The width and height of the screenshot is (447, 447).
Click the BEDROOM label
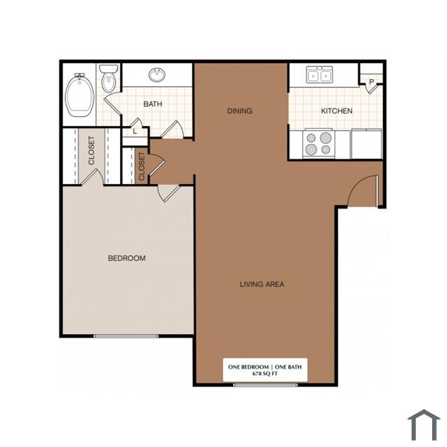point(126,258)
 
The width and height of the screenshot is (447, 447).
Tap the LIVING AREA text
point(262,284)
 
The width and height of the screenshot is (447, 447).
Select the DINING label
point(239,111)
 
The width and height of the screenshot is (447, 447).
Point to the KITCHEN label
point(337,111)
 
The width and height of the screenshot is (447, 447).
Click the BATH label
point(153,104)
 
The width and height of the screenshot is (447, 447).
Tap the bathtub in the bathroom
point(80,95)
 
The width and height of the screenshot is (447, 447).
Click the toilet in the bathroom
point(109,79)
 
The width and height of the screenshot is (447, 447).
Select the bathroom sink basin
point(157,75)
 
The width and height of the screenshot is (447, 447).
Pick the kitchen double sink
point(319,75)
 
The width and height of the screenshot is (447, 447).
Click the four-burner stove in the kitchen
point(319,144)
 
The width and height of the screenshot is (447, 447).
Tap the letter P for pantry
point(371,82)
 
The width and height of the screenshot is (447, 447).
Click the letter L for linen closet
point(135,132)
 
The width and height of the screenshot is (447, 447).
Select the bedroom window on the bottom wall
point(126,336)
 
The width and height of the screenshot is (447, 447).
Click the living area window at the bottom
point(265,385)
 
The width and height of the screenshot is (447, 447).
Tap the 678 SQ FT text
point(265,374)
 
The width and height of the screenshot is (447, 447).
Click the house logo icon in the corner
point(424,425)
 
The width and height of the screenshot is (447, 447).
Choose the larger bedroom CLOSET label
point(91,151)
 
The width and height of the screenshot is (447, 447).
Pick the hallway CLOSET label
point(142,166)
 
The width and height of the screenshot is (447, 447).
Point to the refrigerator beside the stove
point(367,144)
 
